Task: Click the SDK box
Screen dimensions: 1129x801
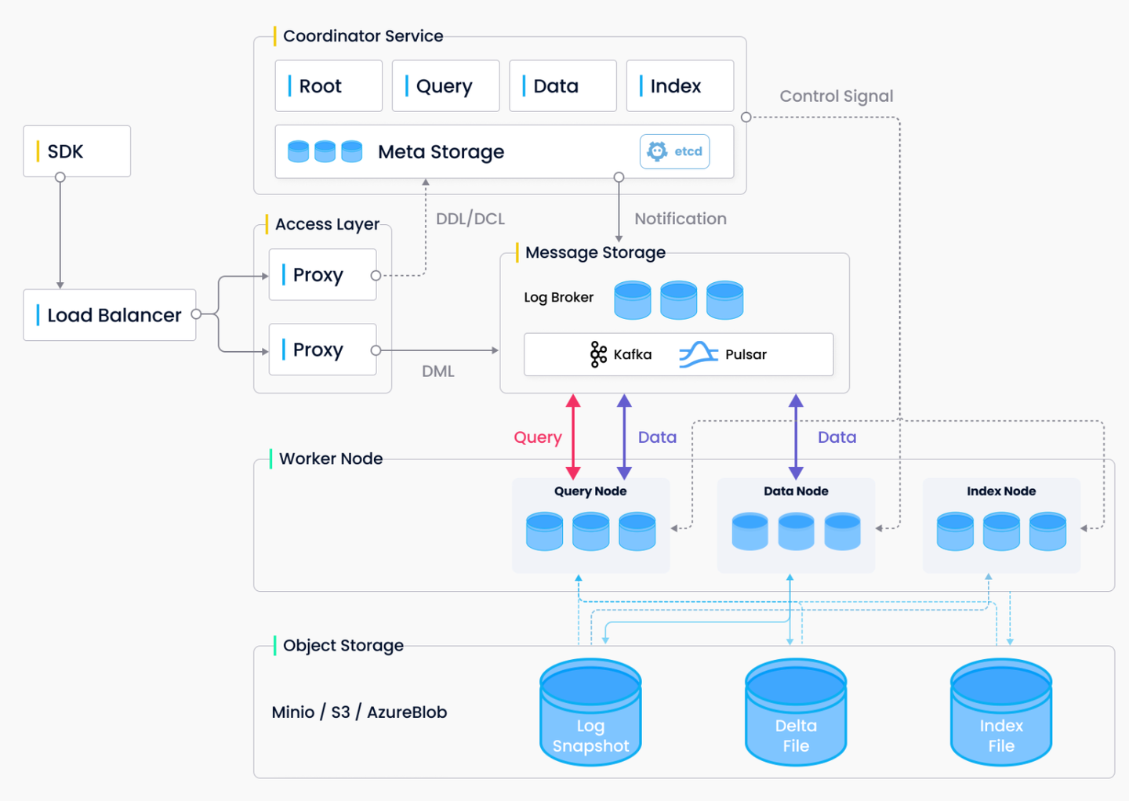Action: tap(77, 151)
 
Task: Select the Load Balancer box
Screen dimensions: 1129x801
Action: tap(110, 315)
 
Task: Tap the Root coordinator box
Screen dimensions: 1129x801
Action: tap(329, 85)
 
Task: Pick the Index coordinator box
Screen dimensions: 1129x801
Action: tap(680, 85)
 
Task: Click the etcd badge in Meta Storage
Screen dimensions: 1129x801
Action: tap(675, 151)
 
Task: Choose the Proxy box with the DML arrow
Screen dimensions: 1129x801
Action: tap(322, 349)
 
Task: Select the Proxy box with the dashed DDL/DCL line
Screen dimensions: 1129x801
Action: tap(322, 274)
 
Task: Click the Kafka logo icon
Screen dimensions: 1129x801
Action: tap(598, 355)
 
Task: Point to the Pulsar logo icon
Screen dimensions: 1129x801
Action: tap(699, 355)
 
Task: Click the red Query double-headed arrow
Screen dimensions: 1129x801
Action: tap(573, 437)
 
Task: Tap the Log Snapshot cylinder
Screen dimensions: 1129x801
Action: tap(590, 712)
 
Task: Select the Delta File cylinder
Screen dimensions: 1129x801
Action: tap(796, 712)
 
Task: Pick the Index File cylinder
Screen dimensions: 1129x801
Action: tap(1001, 712)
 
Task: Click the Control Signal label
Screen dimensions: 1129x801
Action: tap(836, 96)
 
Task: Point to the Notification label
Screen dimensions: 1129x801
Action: tap(681, 219)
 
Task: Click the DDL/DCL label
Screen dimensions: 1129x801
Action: tap(470, 219)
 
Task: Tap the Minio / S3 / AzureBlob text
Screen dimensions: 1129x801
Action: tap(359, 712)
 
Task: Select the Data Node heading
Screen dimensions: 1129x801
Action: tap(796, 491)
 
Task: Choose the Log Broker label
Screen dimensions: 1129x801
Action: tap(558, 297)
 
